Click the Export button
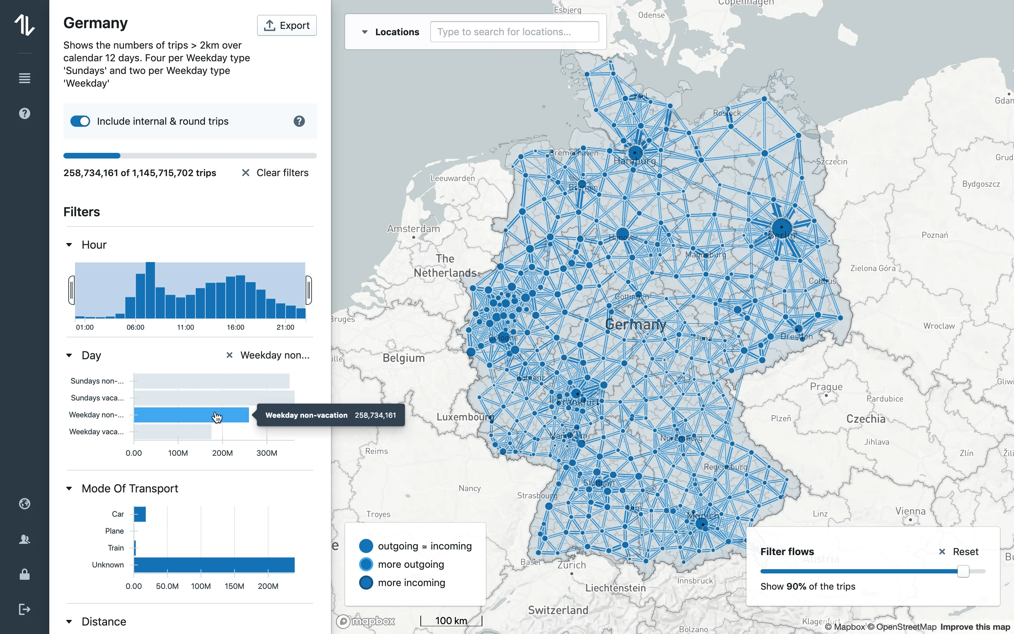(x=287, y=26)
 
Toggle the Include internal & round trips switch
(x=80, y=121)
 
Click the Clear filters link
(x=275, y=173)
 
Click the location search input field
(x=514, y=32)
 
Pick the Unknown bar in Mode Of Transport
(x=214, y=565)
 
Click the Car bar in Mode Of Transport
(x=140, y=514)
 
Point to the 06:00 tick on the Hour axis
(x=135, y=327)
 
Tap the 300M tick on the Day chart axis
(x=267, y=453)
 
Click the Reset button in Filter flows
(x=959, y=552)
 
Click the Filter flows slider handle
(x=963, y=571)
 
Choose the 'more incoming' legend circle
(x=366, y=583)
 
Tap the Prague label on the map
(x=826, y=387)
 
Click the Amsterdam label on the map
(x=413, y=229)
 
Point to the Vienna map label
(x=910, y=511)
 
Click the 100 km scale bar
(x=451, y=621)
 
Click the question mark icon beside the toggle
(x=299, y=121)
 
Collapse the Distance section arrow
(x=69, y=621)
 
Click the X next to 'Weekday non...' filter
(x=229, y=355)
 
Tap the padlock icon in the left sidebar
(x=25, y=574)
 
